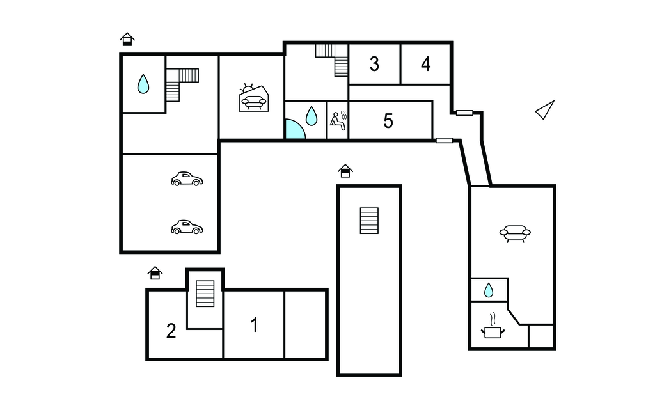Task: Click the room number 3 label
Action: pos(374,65)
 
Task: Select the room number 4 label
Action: pos(425,65)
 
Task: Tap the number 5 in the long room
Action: pos(388,121)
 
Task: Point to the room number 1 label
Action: pos(255,325)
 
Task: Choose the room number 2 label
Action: pos(171,331)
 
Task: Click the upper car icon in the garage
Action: pos(187,179)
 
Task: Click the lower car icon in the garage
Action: pos(187,227)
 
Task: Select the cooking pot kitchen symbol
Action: pos(493,327)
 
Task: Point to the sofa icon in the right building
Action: pos(515,233)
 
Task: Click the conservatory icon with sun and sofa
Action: pos(253,98)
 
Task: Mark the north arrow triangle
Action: pos(545,110)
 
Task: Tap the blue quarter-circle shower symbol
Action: pos(294,130)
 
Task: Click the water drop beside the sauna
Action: pos(312,116)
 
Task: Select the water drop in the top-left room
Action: pos(143,84)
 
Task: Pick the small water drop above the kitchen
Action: pos(489,290)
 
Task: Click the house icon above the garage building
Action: pos(127,39)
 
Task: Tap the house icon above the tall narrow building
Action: pos(345,171)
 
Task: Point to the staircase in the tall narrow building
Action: pos(369,221)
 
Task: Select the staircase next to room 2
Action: pos(205,294)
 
